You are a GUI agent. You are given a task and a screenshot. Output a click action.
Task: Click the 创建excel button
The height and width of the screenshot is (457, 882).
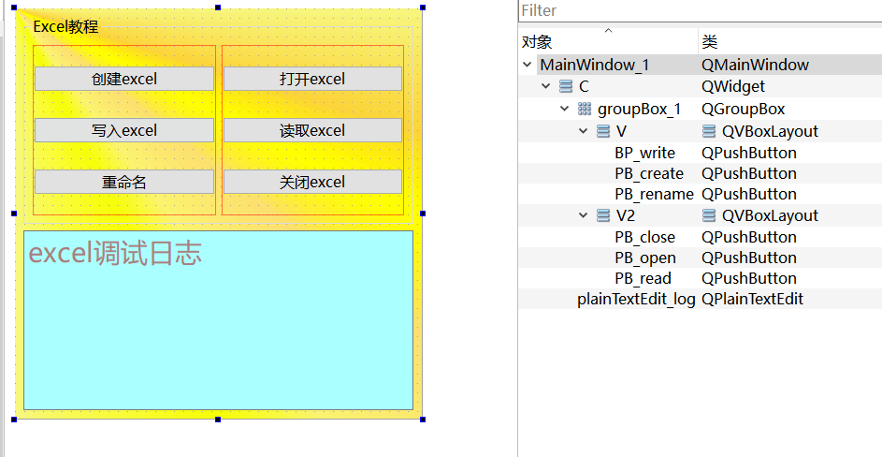pos(124,80)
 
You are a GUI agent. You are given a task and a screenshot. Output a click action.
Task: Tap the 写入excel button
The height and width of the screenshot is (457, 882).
pos(124,130)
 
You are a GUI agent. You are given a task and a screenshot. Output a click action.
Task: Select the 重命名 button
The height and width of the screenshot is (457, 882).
pos(124,182)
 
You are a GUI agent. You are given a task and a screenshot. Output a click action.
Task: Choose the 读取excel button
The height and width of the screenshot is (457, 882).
pos(312,130)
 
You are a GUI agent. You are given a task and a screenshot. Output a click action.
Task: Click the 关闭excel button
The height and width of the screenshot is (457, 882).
pos(312,182)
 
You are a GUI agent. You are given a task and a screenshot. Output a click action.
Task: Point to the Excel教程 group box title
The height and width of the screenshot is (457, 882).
pos(65,26)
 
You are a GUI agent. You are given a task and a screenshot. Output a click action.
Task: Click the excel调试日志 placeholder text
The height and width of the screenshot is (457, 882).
pos(115,253)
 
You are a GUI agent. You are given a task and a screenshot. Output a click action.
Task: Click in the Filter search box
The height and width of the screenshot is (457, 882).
pos(700,10)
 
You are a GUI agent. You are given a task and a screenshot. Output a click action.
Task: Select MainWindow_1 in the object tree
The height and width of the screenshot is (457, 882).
pos(594,65)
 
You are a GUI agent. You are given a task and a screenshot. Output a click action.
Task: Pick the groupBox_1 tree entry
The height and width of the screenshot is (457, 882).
pos(639,109)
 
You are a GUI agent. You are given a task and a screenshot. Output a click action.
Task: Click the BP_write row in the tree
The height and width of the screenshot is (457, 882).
pos(644,153)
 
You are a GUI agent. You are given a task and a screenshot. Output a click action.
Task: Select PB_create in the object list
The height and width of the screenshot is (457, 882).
pos(649,173)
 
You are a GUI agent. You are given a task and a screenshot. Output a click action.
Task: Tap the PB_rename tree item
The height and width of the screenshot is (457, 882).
pos(654,194)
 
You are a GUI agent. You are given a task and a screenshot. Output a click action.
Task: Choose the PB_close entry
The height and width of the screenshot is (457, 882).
pos(644,237)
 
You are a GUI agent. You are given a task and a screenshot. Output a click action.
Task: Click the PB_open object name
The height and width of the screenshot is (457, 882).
pos(645,258)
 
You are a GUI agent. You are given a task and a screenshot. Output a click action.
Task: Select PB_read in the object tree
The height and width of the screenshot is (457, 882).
pos(643,278)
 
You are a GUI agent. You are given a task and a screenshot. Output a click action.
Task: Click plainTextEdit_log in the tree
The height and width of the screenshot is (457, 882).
pos(636,299)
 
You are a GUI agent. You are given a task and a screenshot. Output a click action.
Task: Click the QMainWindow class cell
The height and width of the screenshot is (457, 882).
pos(755,65)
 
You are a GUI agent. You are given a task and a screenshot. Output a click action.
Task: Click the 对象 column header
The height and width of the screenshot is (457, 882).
pos(537,42)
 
